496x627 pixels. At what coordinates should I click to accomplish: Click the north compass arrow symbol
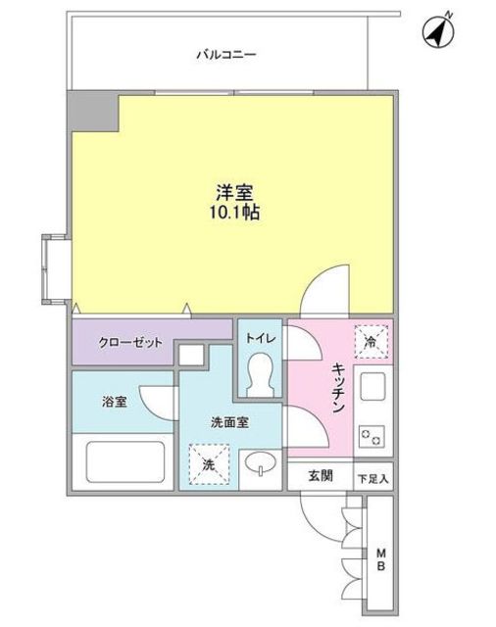click(x=437, y=30)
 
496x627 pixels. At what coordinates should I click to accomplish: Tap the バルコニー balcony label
click(x=226, y=55)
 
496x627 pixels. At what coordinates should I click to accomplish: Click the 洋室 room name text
click(x=234, y=193)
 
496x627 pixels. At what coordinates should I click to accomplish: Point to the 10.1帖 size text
click(x=235, y=213)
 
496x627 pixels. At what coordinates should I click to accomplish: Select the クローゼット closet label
click(x=130, y=342)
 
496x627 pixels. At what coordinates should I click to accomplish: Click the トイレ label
click(x=261, y=338)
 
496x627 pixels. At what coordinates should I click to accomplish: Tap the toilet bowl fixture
click(x=261, y=375)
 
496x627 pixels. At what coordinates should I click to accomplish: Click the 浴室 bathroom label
click(x=115, y=402)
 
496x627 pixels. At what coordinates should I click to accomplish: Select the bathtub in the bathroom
click(x=125, y=461)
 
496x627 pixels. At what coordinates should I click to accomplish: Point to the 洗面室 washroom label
click(x=229, y=422)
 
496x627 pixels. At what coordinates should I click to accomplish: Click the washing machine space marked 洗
click(x=209, y=464)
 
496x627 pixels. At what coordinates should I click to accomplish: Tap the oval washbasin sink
click(x=261, y=463)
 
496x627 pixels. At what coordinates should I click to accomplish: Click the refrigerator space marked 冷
click(x=372, y=342)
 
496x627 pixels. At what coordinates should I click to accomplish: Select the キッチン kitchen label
click(x=338, y=388)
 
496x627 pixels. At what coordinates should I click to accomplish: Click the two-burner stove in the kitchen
click(x=372, y=436)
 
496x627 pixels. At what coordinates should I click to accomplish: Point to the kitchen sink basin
click(x=372, y=386)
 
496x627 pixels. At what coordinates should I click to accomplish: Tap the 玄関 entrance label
click(x=321, y=476)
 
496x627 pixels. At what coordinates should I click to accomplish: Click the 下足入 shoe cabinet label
click(x=372, y=479)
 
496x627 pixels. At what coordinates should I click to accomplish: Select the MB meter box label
click(x=381, y=559)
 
